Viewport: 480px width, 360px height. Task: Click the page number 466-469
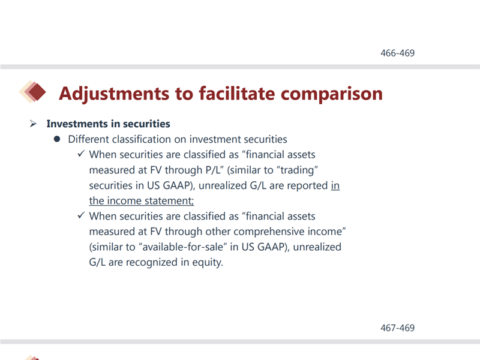(x=397, y=53)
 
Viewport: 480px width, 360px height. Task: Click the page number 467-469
(x=397, y=328)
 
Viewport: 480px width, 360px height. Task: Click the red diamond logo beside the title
(x=32, y=92)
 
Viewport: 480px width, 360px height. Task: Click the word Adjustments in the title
(x=114, y=94)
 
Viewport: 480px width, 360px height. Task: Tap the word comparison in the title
(x=332, y=94)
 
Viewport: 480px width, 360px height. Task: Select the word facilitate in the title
(x=237, y=93)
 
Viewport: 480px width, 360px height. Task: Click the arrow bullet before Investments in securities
(x=33, y=124)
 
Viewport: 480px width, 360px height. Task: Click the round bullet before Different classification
(x=57, y=139)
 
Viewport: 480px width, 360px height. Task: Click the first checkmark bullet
(x=81, y=154)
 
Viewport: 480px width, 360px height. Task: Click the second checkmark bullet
(x=81, y=215)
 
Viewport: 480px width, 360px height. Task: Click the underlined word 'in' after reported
(x=335, y=185)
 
